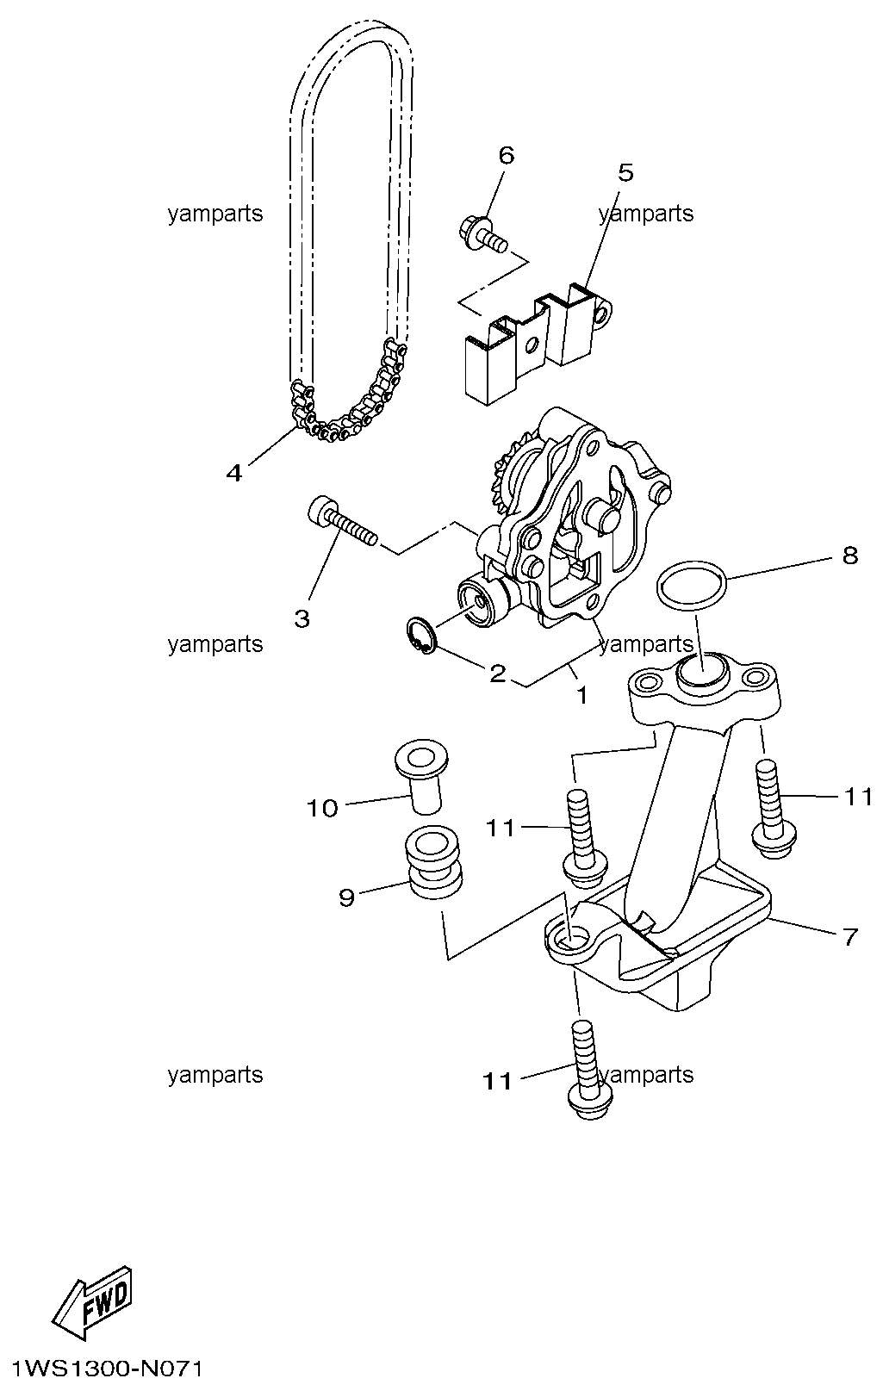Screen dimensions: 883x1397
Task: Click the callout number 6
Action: coord(507,155)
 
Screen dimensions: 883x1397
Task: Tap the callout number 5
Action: coord(625,172)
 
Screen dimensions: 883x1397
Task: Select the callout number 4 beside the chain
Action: coord(233,474)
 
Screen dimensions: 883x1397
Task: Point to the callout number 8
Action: coord(850,555)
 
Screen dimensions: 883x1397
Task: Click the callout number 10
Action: coord(322,808)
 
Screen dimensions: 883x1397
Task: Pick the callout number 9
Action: coord(346,897)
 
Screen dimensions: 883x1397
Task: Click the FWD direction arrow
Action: coord(91,1300)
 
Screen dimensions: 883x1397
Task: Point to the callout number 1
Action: coord(581,695)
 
